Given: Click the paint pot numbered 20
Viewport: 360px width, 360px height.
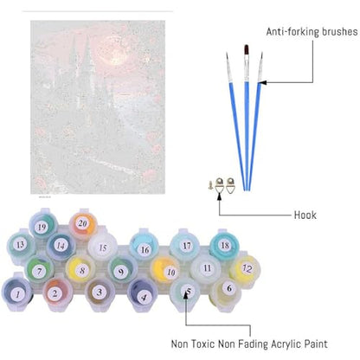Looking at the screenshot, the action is pyautogui.click(x=82, y=224).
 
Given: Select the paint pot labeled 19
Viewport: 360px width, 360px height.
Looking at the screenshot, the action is pyautogui.click(x=43, y=226).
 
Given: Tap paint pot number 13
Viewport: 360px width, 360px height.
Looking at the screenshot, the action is pyautogui.click(x=21, y=246).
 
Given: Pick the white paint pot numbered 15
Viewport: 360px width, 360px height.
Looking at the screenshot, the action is pyautogui.click(x=103, y=247).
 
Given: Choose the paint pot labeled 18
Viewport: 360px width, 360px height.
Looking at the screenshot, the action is pyautogui.click(x=224, y=246).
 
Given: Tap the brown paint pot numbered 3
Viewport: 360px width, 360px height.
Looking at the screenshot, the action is pyautogui.click(x=100, y=293).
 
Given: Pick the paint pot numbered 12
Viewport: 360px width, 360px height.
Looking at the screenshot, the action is pyautogui.click(x=246, y=268).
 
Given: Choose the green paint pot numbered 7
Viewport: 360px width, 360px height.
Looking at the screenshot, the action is pyautogui.click(x=39, y=269).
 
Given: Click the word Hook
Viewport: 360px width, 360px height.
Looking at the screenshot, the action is pyautogui.click(x=305, y=215).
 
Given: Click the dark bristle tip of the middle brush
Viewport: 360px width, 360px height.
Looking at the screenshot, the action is pyautogui.click(x=247, y=49).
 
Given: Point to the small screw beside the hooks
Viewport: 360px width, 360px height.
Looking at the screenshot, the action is pyautogui.click(x=210, y=184).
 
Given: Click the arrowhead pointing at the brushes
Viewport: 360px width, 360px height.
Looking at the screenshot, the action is pyautogui.click(x=263, y=82).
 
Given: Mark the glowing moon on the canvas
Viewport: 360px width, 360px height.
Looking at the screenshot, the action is pyautogui.click(x=113, y=55).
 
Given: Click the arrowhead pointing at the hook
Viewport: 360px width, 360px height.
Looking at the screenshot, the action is pyautogui.click(x=219, y=196).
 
